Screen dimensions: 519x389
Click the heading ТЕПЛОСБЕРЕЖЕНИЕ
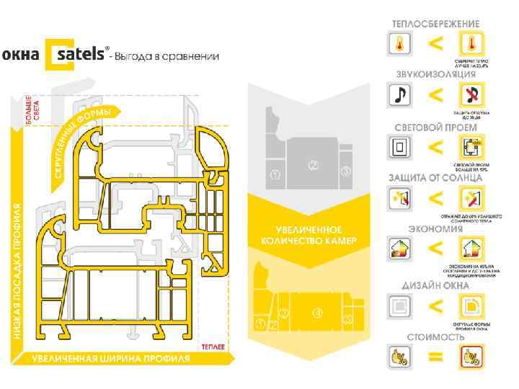(435, 24)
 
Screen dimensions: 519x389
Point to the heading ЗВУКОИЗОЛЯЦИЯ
(435, 74)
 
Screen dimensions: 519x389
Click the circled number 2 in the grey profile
(313, 165)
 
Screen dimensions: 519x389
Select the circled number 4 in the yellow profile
(316, 313)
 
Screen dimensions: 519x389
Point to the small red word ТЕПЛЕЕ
(213, 347)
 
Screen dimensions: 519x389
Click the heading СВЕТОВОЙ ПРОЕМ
(435, 127)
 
